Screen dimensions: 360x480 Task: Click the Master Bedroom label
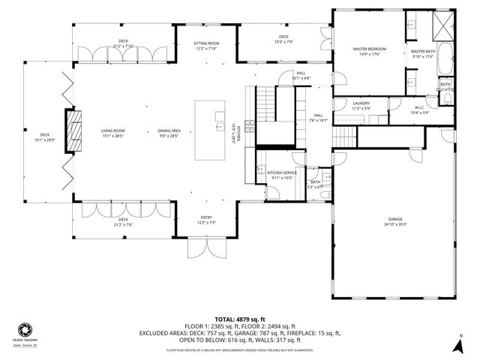[x=368, y=51]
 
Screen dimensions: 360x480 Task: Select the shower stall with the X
[x=442, y=26]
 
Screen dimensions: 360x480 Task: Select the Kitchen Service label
[x=282, y=175]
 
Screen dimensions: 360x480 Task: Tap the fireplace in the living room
[x=72, y=132]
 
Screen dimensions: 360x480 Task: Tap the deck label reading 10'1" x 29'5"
[x=46, y=137]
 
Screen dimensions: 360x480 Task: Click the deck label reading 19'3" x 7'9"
[x=284, y=39]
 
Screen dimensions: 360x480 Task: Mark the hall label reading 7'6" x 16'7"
[x=318, y=118]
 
